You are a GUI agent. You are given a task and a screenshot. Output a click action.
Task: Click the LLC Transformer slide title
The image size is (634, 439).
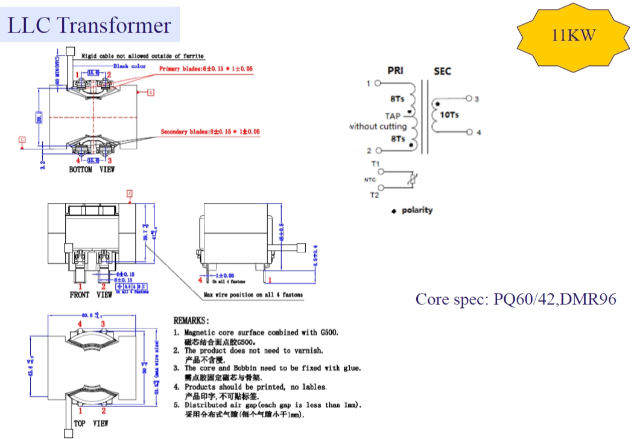[x=89, y=25]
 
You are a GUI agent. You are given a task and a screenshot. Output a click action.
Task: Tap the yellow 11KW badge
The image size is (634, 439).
[x=574, y=36]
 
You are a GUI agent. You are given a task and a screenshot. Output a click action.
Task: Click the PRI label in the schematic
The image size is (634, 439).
[x=396, y=71]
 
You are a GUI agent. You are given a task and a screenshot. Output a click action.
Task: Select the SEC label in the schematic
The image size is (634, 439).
[x=442, y=71]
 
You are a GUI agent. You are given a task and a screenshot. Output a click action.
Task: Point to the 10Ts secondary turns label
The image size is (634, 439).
[x=449, y=114]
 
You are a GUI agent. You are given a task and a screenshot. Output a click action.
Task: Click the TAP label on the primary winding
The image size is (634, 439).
[x=393, y=116]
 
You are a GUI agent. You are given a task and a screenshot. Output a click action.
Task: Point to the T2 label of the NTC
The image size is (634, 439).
[x=375, y=195]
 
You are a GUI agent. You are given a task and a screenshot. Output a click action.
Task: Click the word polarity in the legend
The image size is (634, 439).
[x=417, y=210]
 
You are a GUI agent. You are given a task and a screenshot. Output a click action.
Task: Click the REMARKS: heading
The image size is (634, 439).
[x=191, y=320]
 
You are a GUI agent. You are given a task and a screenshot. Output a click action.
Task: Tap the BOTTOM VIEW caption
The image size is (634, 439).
[x=92, y=170]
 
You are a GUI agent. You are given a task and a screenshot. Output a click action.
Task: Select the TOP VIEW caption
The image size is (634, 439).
[x=91, y=424]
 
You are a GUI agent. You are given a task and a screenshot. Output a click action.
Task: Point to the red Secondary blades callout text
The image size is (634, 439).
[x=210, y=132]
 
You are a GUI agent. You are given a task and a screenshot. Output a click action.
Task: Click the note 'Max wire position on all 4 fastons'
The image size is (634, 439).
[x=253, y=295]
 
